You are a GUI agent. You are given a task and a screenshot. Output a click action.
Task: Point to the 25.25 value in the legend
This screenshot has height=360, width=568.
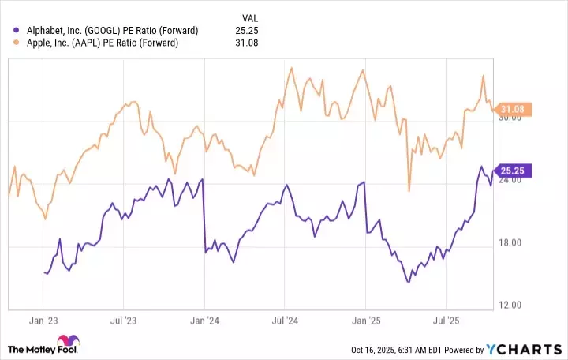pyautogui.click(x=247, y=30)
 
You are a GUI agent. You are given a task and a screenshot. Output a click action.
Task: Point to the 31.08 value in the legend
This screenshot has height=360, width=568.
pyautogui.click(x=247, y=43)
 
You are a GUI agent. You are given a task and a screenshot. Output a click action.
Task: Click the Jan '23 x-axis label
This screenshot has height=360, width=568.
pyautogui.click(x=43, y=322)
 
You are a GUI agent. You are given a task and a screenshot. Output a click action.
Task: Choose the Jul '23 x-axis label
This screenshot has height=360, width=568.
pyautogui.click(x=124, y=322)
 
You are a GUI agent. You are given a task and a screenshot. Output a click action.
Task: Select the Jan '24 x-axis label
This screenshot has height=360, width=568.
pyautogui.click(x=204, y=322)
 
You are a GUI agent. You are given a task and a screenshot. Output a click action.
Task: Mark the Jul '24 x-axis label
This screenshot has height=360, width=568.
pyautogui.click(x=286, y=322)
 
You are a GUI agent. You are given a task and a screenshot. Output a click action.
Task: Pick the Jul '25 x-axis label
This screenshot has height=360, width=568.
pyautogui.click(x=447, y=322)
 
